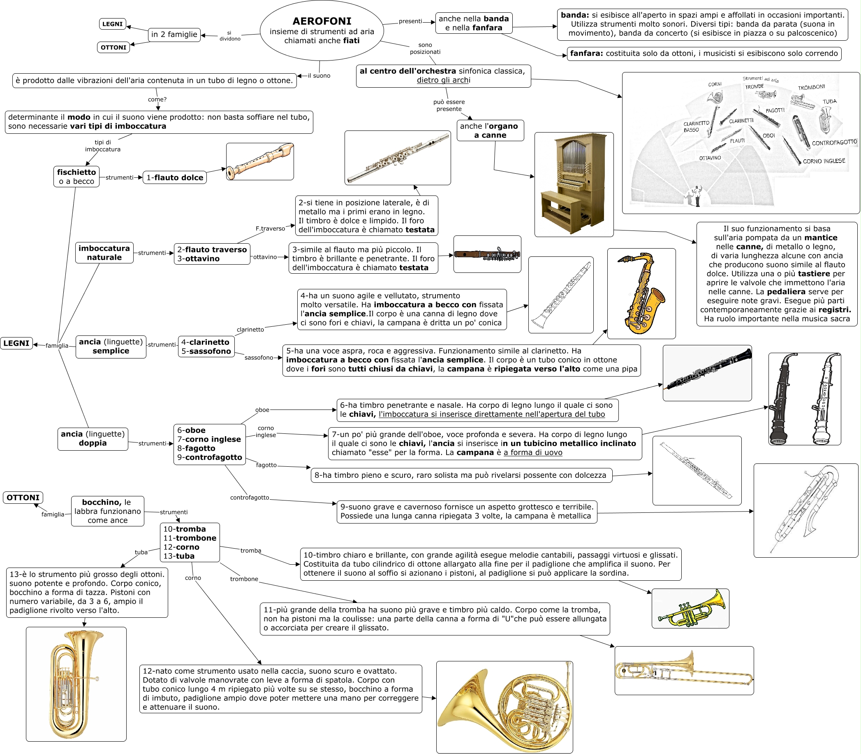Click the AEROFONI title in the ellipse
[322, 21]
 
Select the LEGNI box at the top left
[113, 24]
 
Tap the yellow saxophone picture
[641, 293]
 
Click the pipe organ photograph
[574, 184]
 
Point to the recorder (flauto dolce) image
[260, 162]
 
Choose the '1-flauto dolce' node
[174, 177]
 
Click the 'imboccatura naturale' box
[104, 253]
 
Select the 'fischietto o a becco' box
[76, 177]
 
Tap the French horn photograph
[504, 706]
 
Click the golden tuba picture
[76, 684]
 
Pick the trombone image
[684, 670]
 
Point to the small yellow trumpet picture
[690, 608]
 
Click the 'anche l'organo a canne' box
[490, 130]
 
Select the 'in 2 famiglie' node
[174, 35]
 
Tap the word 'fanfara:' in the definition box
[586, 54]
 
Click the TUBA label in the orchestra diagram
[829, 101]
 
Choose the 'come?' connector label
[157, 100]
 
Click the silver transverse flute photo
[397, 158]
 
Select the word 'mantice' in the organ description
[820, 238]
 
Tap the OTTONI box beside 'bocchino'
[23, 498]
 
